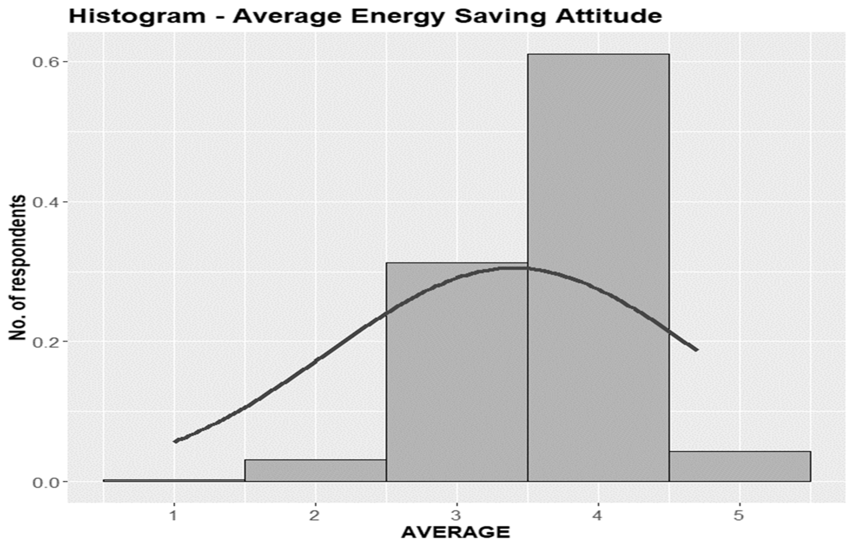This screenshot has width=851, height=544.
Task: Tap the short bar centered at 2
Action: [x=315, y=471]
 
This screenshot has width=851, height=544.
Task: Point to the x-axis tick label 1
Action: [x=174, y=516]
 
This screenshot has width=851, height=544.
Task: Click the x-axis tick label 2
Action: [x=314, y=516]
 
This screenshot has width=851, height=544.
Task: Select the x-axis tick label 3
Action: [x=457, y=516]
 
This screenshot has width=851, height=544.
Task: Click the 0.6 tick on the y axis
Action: [x=45, y=62]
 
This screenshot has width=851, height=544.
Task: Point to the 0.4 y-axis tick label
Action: [x=45, y=202]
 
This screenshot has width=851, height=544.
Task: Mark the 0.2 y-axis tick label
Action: [x=45, y=342]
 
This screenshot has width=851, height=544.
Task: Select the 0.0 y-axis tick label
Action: [x=45, y=482]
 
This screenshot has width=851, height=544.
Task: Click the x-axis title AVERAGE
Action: [x=456, y=533]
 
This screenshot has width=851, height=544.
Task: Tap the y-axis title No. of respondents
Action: [x=18, y=267]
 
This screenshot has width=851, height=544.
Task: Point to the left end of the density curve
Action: [x=175, y=441]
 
